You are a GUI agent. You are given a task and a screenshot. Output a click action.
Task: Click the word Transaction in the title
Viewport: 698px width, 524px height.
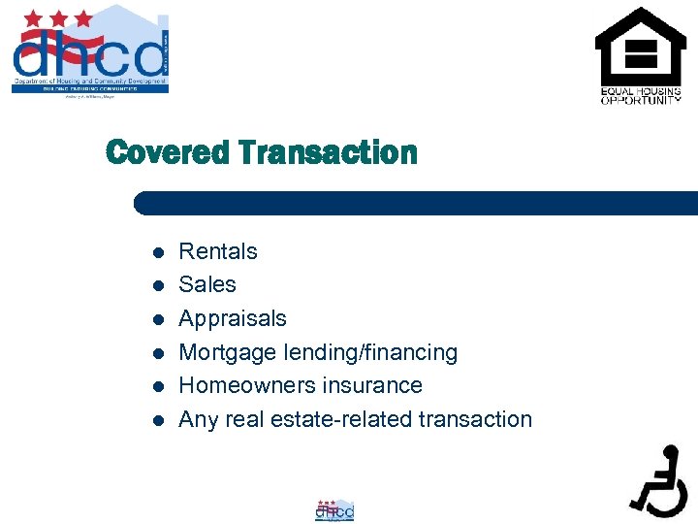click(x=327, y=152)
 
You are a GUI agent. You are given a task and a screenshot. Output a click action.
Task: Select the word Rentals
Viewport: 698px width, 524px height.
click(x=218, y=251)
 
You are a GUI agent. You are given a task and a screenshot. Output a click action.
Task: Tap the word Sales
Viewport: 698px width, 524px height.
click(x=207, y=284)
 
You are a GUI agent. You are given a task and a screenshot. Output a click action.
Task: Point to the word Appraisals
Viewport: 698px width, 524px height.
click(x=233, y=318)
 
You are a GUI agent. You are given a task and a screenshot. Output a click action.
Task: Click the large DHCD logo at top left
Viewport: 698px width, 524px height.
click(x=90, y=50)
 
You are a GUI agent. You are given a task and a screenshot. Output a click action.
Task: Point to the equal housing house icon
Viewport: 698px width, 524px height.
click(x=640, y=46)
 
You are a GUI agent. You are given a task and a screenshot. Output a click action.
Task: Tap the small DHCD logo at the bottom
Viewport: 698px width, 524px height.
click(x=334, y=509)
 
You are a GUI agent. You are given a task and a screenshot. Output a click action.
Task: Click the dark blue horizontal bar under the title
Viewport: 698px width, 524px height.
click(x=417, y=203)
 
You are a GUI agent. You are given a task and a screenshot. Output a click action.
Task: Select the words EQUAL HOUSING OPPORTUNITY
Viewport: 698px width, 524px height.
click(x=640, y=96)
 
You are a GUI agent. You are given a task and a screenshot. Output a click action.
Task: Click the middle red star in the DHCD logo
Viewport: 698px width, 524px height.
click(x=61, y=17)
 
